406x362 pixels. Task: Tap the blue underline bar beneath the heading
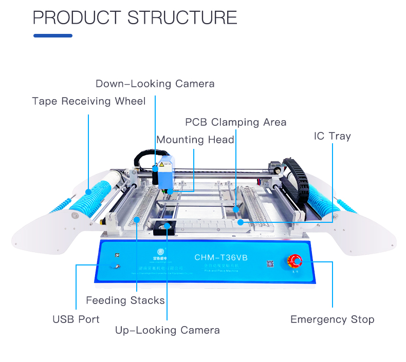[x=53, y=36]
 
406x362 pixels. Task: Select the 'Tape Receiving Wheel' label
[x=89, y=101]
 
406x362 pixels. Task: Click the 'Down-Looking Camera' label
[x=155, y=84]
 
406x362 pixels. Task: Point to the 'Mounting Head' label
[x=195, y=140]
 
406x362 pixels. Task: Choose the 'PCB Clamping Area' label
[x=235, y=122]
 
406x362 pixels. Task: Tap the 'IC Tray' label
[x=332, y=136]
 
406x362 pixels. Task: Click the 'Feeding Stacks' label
[x=125, y=300]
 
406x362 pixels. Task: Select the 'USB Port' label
[x=76, y=319]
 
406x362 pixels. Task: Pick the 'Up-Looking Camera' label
[x=167, y=330]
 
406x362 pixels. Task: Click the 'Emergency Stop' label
[x=332, y=319]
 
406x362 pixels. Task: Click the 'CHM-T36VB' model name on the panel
[x=221, y=257]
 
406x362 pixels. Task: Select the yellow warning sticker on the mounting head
[x=161, y=165]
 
